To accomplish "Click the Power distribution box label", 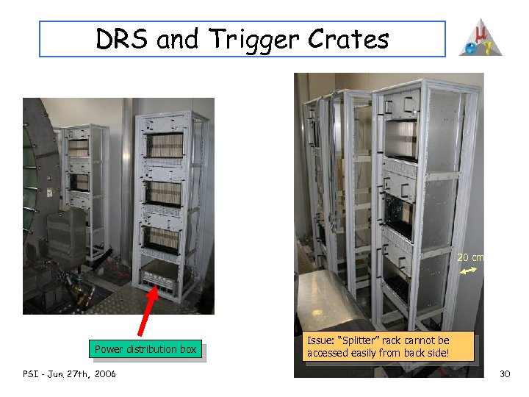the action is pyautogui.click(x=145, y=349).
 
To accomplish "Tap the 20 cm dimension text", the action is pyautogui.click(x=470, y=257).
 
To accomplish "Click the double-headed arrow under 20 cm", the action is pyautogui.click(x=469, y=272).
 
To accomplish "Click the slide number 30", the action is pyautogui.click(x=505, y=374).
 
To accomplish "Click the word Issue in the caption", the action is pyautogui.click(x=320, y=340).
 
